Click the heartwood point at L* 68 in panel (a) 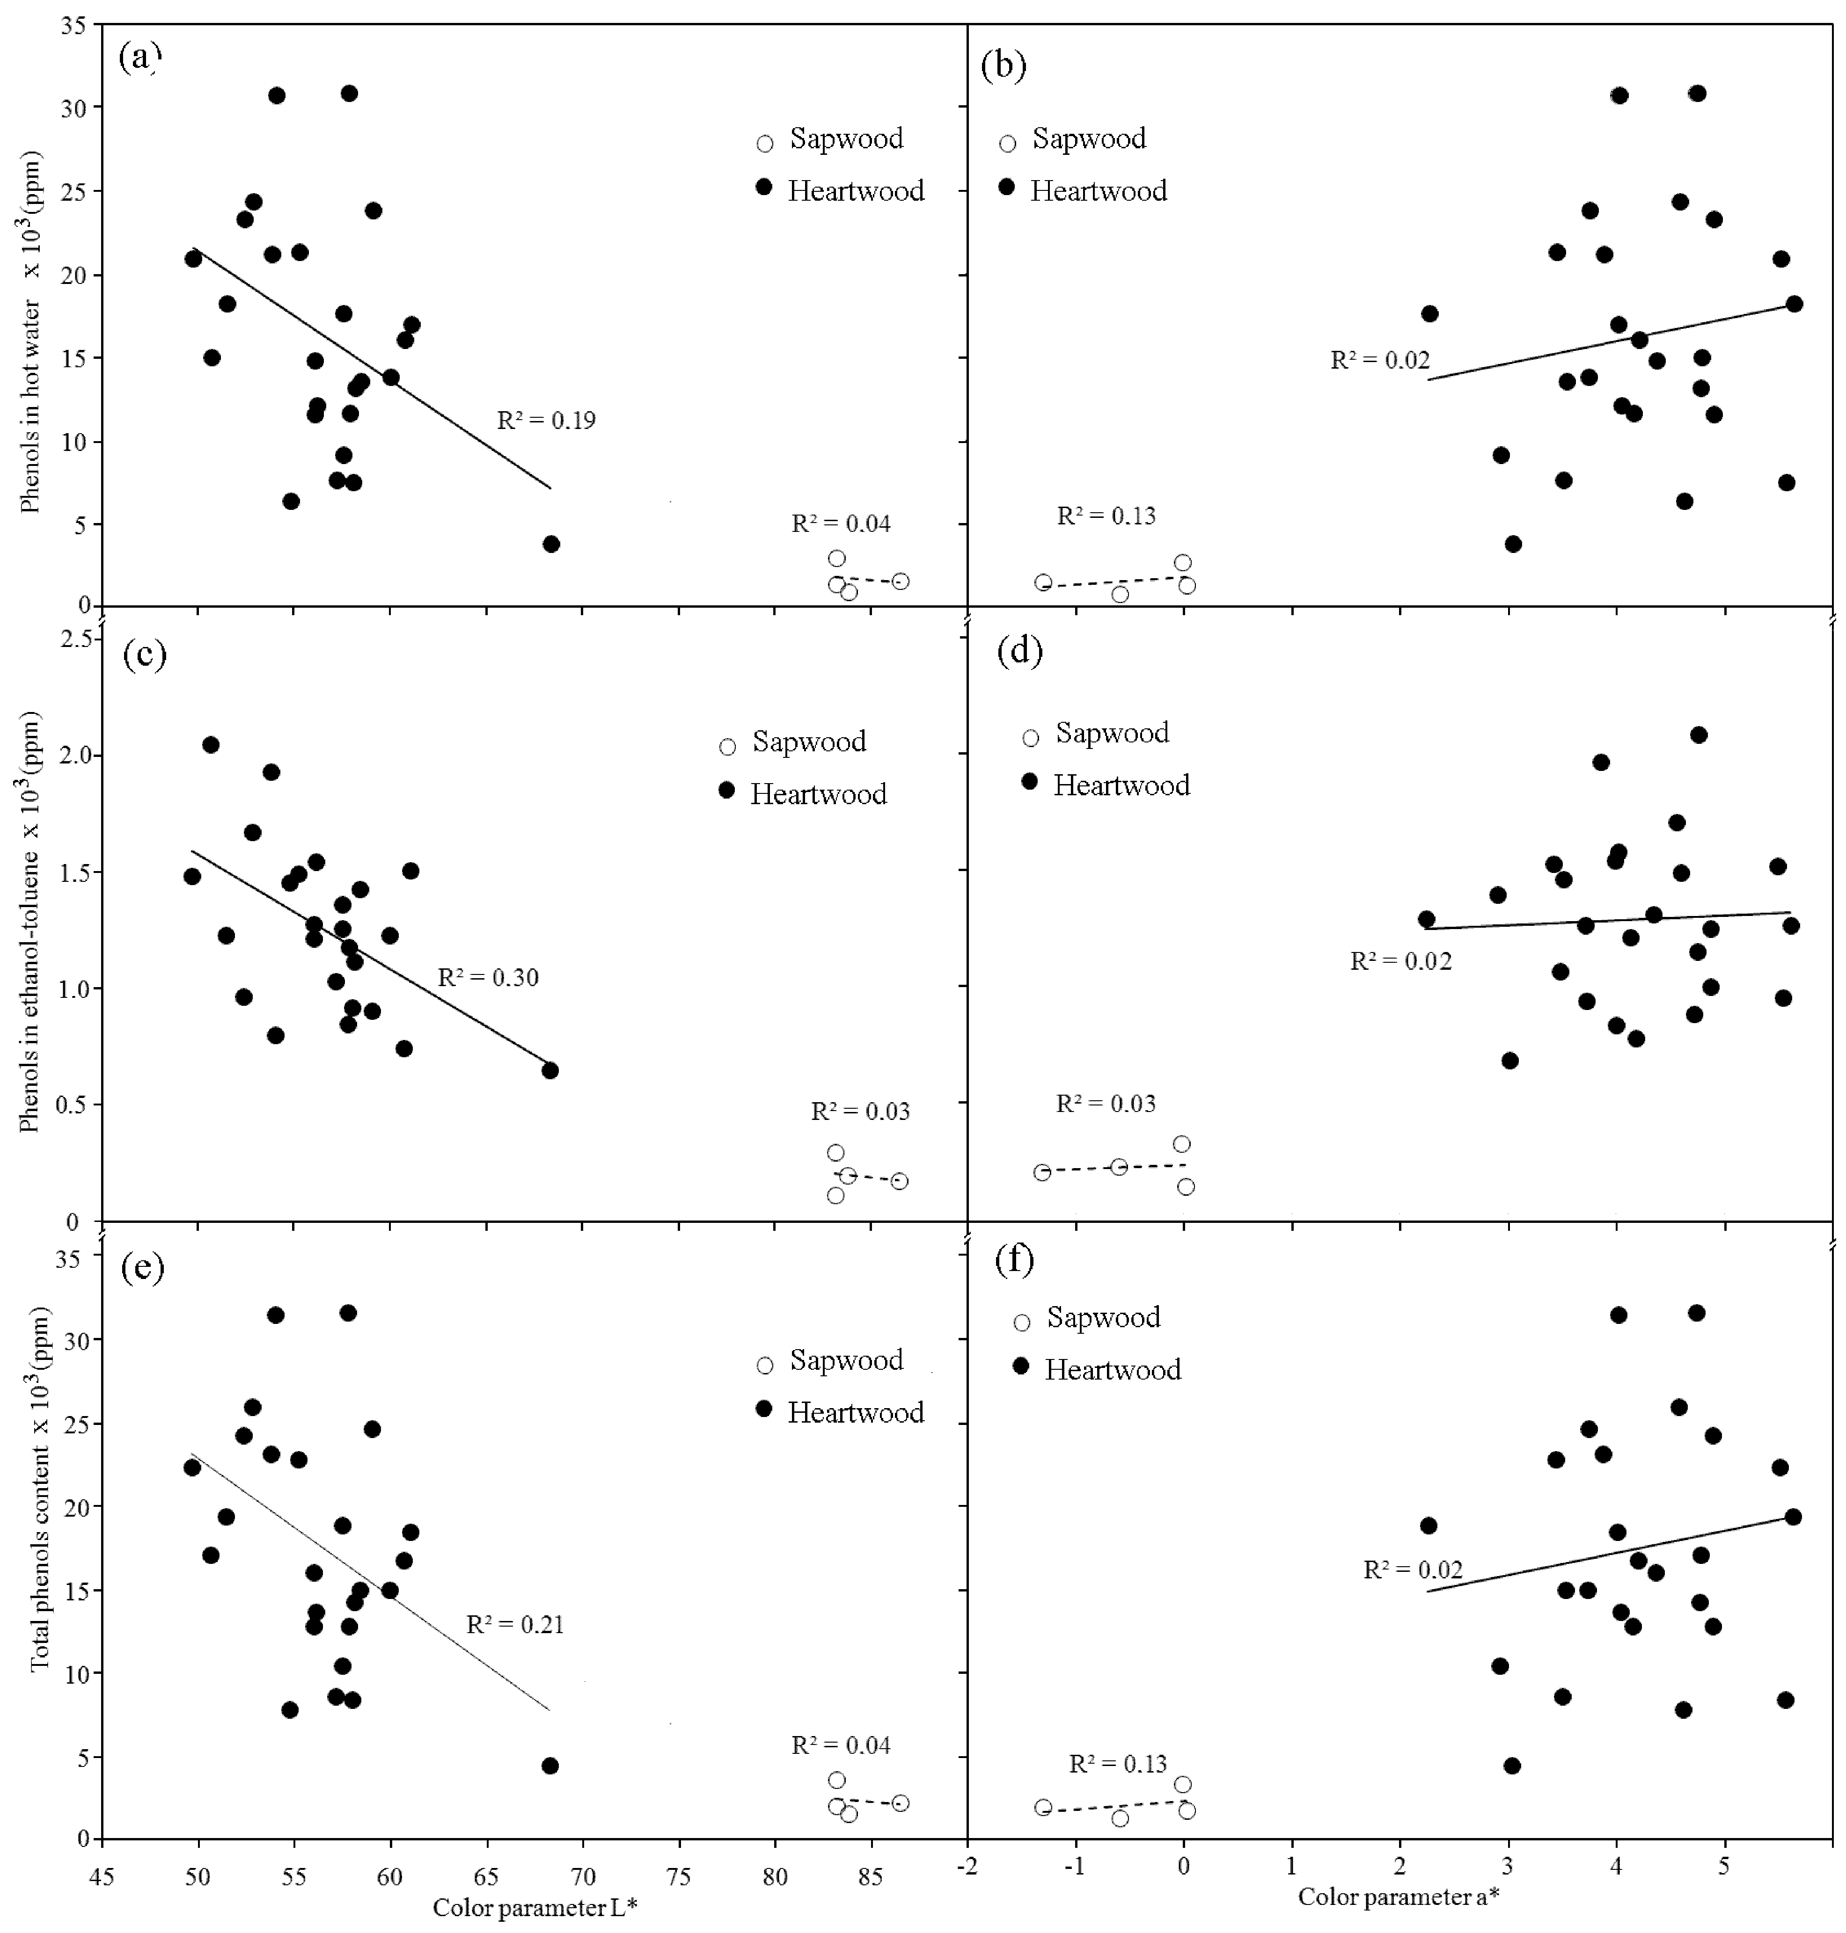pos(551,544)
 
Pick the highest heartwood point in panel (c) pos(211,745)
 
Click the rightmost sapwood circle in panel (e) pos(900,1803)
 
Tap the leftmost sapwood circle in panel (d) pos(1042,1171)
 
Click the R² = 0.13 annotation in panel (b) pos(1106,516)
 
